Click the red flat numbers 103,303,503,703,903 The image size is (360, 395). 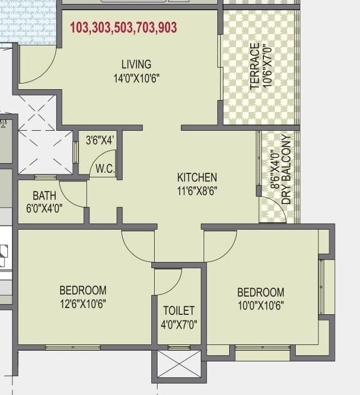click(x=123, y=27)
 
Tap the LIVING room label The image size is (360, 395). click(x=136, y=64)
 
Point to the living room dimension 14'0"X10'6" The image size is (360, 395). click(x=136, y=78)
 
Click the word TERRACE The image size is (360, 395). click(x=255, y=66)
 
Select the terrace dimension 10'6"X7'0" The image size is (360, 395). click(x=271, y=66)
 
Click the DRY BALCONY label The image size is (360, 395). click(x=286, y=169)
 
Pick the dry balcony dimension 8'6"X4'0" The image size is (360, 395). click(x=275, y=169)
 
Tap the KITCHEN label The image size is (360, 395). click(x=197, y=177)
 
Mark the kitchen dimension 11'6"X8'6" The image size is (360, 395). click(x=197, y=191)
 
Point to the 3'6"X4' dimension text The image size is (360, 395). click(x=100, y=139)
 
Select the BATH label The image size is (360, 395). click(x=44, y=196)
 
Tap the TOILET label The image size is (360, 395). click(x=179, y=310)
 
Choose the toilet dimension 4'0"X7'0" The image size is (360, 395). click(x=179, y=325)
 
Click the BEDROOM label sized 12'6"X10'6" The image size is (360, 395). click(x=83, y=290)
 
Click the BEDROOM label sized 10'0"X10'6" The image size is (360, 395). click(x=260, y=292)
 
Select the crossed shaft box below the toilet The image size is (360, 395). click(x=179, y=364)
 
